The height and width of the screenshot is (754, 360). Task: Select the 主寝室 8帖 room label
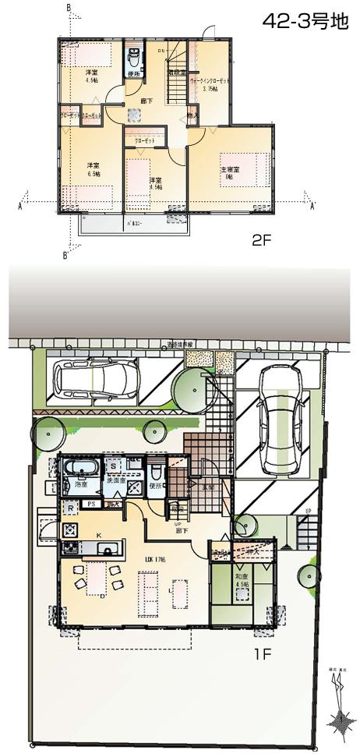tap(229, 174)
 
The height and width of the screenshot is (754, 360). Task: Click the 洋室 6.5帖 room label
tap(93, 169)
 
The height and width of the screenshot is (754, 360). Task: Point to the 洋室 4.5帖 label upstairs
tap(90, 76)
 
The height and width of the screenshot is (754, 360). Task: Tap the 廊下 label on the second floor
tap(146, 101)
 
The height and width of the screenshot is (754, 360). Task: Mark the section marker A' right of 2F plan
tap(312, 207)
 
